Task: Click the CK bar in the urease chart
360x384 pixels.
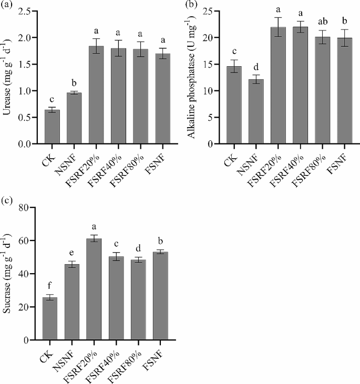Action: [x=52, y=127]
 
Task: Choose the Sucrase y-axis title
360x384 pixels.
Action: [x=7, y=273]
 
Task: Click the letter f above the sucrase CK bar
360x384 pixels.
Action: [x=50, y=287]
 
